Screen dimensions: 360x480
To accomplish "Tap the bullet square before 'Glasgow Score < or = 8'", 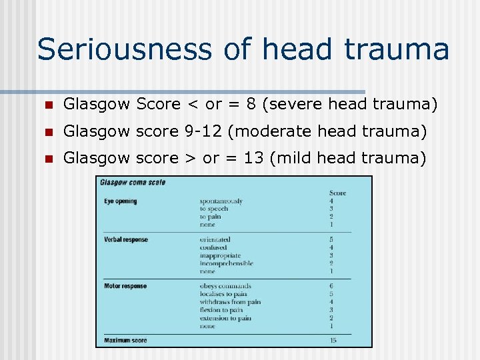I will [47, 105].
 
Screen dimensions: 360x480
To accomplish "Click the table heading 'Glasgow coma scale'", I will [132, 182].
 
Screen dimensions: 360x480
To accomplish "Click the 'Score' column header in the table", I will [338, 193].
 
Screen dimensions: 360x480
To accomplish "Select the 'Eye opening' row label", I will [121, 201].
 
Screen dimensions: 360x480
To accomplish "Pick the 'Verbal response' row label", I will [126, 239].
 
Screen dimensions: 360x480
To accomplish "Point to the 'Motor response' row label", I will [125, 287].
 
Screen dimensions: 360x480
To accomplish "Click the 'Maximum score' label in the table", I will [125, 341].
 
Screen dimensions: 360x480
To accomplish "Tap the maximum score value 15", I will [333, 341].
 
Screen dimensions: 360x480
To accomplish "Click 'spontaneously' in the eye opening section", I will [221, 201].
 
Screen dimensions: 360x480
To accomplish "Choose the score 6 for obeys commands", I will [331, 287].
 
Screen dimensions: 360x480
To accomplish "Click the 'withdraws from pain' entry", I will [230, 302].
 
